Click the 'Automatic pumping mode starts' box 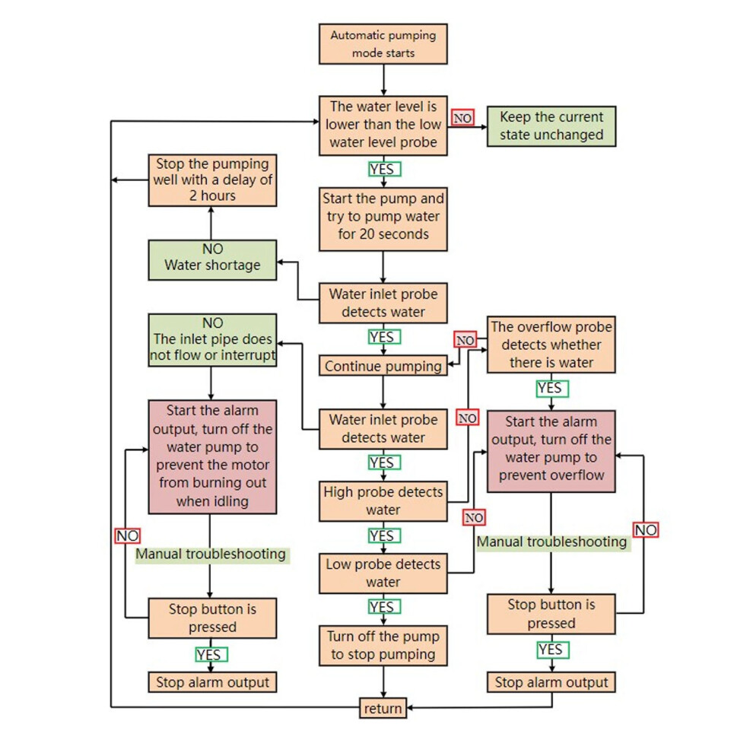click(x=383, y=43)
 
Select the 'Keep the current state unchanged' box click(x=551, y=126)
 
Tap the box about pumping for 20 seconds click(x=383, y=219)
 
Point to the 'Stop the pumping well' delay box click(x=212, y=180)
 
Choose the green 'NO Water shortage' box click(x=212, y=260)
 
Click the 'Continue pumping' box click(x=383, y=365)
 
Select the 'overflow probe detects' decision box click(x=551, y=345)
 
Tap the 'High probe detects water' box click(x=383, y=501)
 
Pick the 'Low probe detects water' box click(x=383, y=573)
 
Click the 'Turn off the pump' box click(x=383, y=646)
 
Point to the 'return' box click(x=383, y=708)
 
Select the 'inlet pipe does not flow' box click(x=212, y=340)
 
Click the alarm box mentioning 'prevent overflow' click(x=551, y=451)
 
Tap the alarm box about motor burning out click(x=212, y=456)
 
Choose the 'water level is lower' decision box click(x=383, y=125)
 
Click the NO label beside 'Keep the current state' click(x=462, y=118)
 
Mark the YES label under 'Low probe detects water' click(x=384, y=606)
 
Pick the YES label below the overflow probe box click(x=552, y=388)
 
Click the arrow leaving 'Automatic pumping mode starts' click(x=383, y=80)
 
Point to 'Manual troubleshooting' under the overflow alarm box click(x=552, y=542)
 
